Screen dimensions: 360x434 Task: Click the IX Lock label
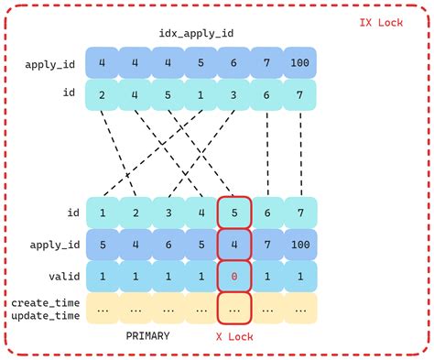[385, 16]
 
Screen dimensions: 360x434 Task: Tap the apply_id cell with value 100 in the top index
[298, 64]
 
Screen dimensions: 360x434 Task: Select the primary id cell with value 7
[298, 213]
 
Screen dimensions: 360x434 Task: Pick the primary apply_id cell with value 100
[298, 245]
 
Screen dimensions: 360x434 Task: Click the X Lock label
[233, 336]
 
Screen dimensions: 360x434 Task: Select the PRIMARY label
[146, 335]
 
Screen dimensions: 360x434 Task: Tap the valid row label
[55, 276]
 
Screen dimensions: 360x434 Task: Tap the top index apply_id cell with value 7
[266, 64]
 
